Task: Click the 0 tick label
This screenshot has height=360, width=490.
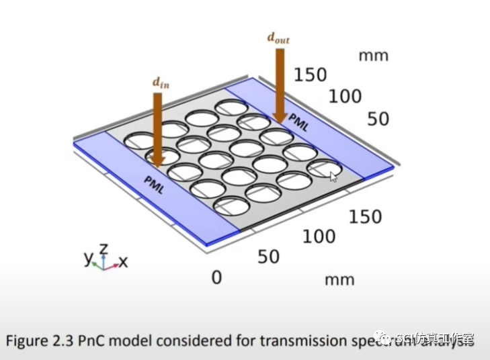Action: tap(216, 277)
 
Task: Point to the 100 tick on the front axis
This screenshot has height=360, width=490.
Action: tap(319, 236)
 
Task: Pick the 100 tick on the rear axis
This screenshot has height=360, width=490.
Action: tap(345, 96)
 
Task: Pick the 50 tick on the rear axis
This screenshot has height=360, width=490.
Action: tap(378, 119)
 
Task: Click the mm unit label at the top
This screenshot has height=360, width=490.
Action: tap(373, 55)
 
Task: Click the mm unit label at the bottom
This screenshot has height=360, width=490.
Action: tap(339, 279)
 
